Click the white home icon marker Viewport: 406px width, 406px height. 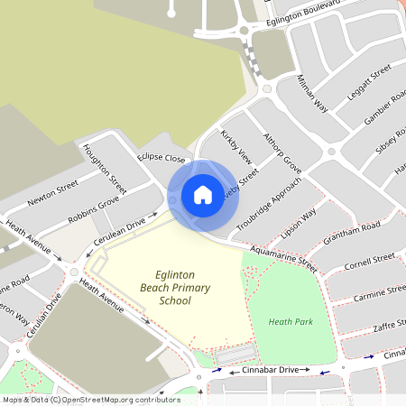[x=203, y=195]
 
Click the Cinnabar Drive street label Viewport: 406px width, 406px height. [x=263, y=370]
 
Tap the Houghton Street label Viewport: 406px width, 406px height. [x=104, y=168]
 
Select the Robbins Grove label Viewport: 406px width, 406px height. [x=93, y=212]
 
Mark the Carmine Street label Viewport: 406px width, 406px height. [x=379, y=294]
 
